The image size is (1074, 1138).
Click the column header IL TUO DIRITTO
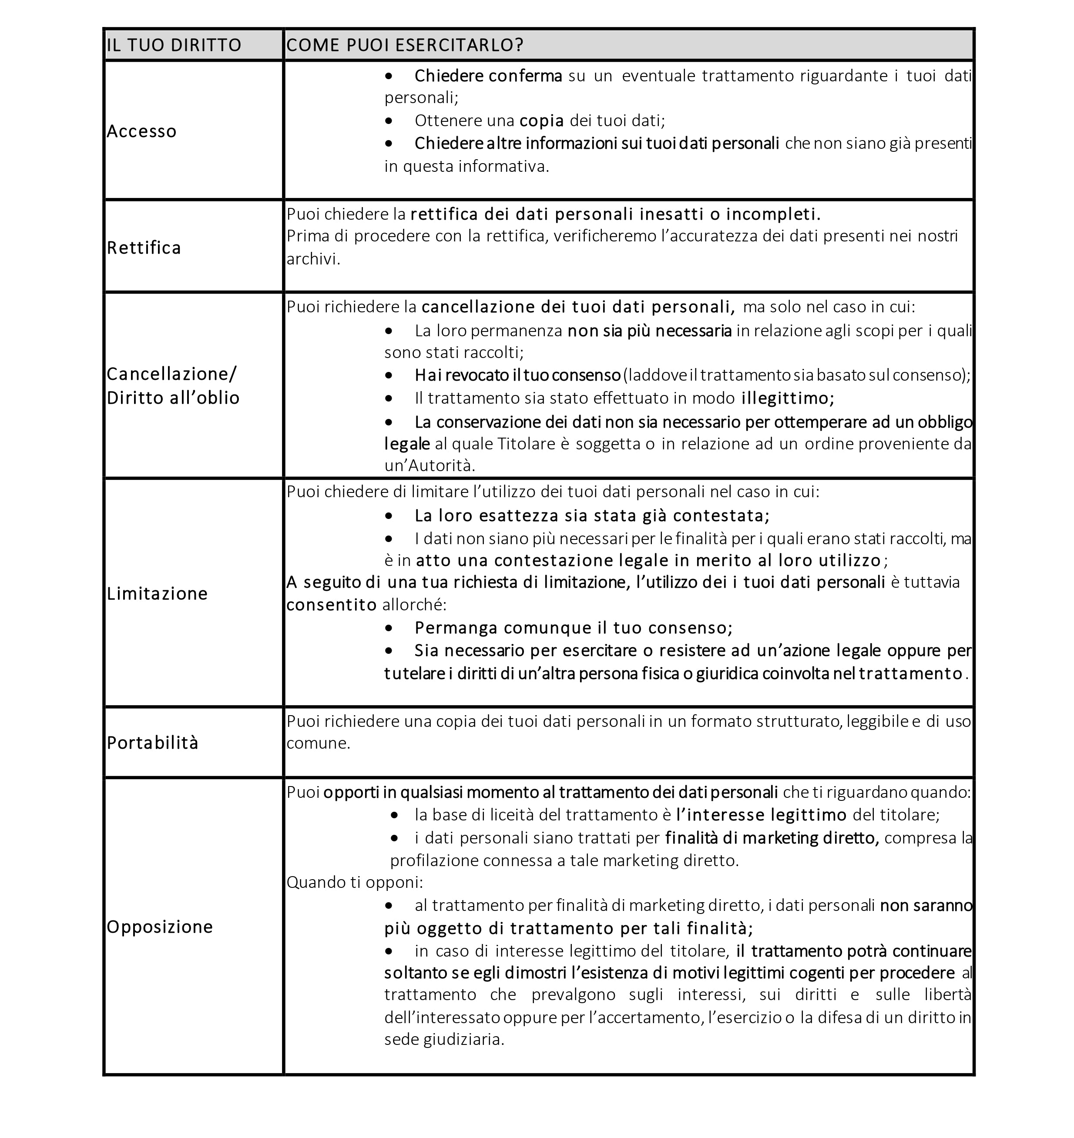pyautogui.click(x=174, y=45)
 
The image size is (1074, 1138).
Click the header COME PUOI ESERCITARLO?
pyautogui.click(x=404, y=45)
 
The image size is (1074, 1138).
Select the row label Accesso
pyautogui.click(x=141, y=131)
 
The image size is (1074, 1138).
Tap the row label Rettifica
pyautogui.click(x=144, y=248)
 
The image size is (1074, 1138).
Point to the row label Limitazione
pyautogui.click(x=157, y=594)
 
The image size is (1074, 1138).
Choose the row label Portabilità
pyautogui.click(x=152, y=743)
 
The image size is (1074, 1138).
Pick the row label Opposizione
pyautogui.click(x=160, y=927)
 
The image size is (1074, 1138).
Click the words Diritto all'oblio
pyautogui.click(x=173, y=398)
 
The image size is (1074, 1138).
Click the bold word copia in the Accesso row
pyautogui.click(x=542, y=121)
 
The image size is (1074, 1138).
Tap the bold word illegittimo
pyautogui.click(x=787, y=398)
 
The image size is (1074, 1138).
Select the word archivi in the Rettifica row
pyautogui.click(x=312, y=259)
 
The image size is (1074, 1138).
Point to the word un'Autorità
pyautogui.click(x=430, y=465)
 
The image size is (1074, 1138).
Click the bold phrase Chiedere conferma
pyautogui.click(x=488, y=76)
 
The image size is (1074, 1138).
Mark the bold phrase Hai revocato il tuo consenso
pyautogui.click(x=517, y=375)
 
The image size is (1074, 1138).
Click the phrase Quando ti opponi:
pyautogui.click(x=354, y=882)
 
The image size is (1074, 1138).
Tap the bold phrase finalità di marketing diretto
pyautogui.click(x=772, y=838)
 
